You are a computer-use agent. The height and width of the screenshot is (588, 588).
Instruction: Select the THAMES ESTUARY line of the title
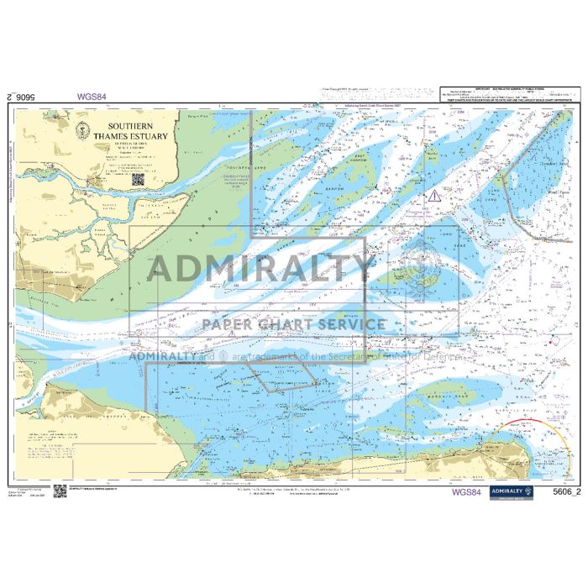[x=130, y=135]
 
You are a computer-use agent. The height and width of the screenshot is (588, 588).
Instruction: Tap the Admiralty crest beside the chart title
[x=81, y=129]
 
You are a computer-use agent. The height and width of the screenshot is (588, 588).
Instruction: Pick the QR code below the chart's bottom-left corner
[x=60, y=491]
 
